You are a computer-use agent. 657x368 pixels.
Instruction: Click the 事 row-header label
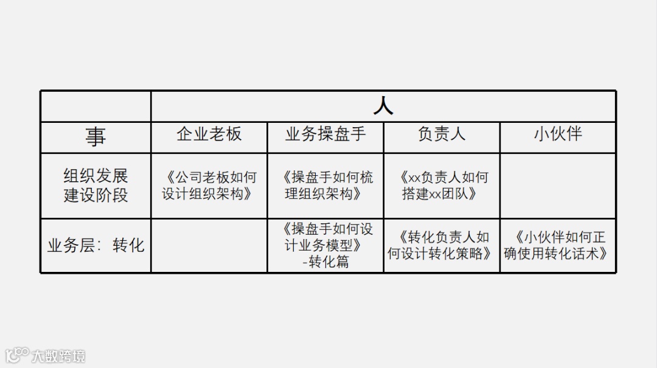point(96,137)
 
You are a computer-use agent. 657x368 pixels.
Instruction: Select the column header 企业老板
point(209,134)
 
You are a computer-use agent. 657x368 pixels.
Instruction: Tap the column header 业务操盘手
point(325,134)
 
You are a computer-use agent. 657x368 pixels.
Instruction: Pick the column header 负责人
point(442,134)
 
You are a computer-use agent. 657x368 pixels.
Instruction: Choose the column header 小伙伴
point(558,134)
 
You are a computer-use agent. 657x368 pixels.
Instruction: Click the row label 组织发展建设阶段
point(96,186)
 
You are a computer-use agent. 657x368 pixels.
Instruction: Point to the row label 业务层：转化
point(96,245)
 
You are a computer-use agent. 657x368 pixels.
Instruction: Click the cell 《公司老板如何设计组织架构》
point(209,186)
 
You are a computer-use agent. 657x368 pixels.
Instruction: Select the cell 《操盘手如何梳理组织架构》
point(325,186)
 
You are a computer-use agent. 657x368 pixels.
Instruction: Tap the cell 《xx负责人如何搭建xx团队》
point(442,186)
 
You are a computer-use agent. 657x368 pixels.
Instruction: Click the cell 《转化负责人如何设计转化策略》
point(442,245)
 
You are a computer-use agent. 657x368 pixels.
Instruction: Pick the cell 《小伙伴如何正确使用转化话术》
point(558,245)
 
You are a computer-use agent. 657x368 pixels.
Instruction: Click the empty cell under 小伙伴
point(558,186)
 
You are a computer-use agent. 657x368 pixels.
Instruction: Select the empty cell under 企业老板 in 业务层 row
point(209,245)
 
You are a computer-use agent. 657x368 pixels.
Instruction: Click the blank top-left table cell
point(96,106)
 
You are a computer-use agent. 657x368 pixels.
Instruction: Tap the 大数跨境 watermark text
point(58,355)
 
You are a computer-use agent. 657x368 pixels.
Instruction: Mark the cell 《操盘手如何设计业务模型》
point(325,237)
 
